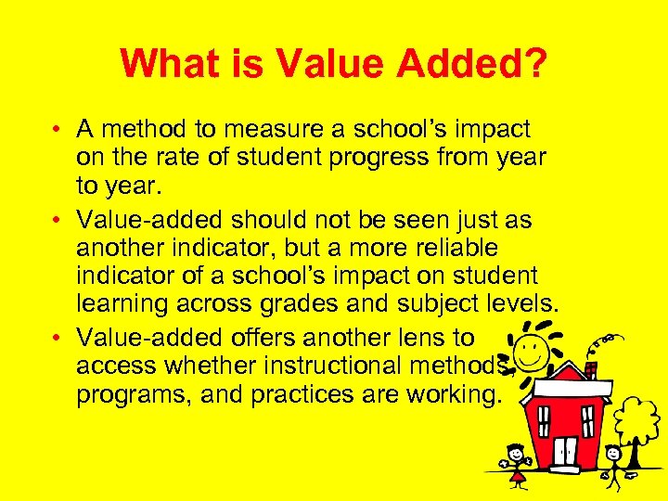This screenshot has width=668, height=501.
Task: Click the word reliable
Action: pyautogui.click(x=444, y=249)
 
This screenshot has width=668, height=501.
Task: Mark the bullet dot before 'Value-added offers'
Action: pyautogui.click(x=57, y=339)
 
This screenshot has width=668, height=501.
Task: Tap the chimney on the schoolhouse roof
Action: pyautogui.click(x=590, y=372)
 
